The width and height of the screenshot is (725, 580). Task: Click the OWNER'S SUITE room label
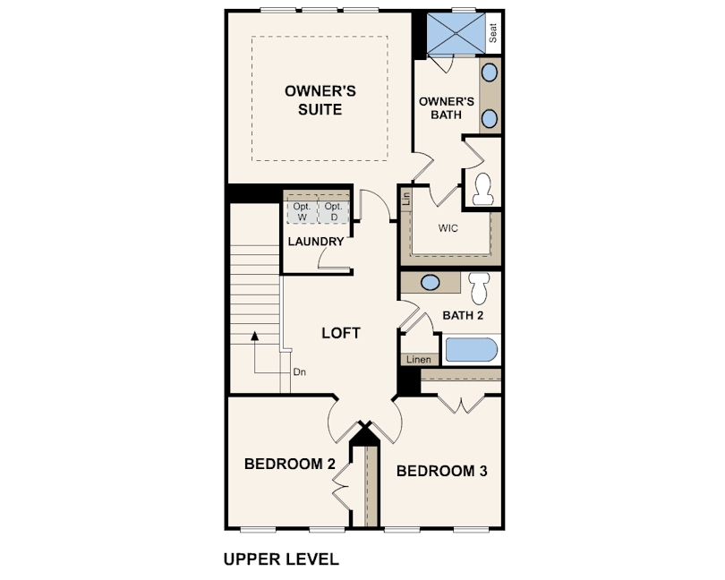click(x=320, y=100)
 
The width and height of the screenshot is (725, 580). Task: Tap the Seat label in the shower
click(x=493, y=33)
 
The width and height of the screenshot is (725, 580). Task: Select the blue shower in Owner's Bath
click(x=456, y=33)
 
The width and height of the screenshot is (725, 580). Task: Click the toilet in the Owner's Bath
click(x=483, y=189)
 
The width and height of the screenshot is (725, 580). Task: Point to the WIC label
click(x=448, y=228)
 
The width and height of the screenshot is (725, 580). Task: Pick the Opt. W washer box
click(x=302, y=211)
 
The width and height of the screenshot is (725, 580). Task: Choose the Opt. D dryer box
click(x=334, y=211)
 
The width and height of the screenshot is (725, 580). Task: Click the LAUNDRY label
click(x=316, y=242)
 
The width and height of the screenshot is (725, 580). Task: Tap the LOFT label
click(x=341, y=333)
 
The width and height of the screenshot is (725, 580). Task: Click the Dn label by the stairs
click(x=300, y=371)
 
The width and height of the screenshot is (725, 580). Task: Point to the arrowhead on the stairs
click(x=254, y=336)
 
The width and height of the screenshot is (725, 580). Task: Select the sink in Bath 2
click(x=430, y=282)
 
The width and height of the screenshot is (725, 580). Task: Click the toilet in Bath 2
click(x=479, y=286)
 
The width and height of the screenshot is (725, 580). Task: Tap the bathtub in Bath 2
click(x=471, y=349)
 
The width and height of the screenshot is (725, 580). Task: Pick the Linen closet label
click(x=419, y=360)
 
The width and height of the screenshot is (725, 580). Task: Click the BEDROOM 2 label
click(x=289, y=464)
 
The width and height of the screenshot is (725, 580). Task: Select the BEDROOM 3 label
click(x=441, y=471)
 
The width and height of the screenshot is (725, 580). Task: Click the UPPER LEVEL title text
click(x=281, y=559)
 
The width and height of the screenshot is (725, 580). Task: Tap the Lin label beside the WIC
click(x=406, y=199)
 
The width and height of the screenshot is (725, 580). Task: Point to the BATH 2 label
click(x=463, y=315)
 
